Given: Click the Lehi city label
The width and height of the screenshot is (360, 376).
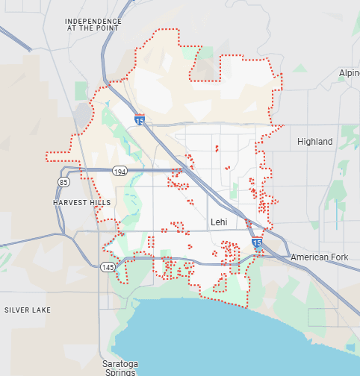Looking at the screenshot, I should [x=218, y=222].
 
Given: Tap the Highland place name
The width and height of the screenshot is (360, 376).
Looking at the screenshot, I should [x=314, y=142].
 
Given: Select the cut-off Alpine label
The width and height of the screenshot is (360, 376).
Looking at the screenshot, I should [x=349, y=73].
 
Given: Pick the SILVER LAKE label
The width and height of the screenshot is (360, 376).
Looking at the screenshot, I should [x=27, y=310].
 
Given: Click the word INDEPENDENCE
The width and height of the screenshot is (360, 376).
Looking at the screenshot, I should [x=93, y=21].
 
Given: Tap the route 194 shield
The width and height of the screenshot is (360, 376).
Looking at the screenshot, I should [x=120, y=172].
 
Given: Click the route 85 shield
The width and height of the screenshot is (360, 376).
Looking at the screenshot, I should [x=63, y=182].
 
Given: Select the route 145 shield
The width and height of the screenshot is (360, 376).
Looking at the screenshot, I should [x=108, y=267].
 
